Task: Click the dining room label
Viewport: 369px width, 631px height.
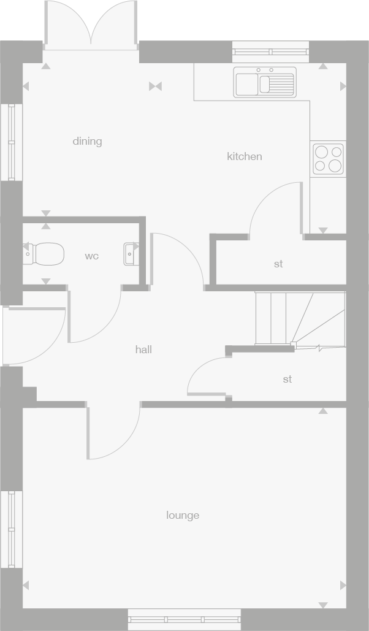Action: [87, 141]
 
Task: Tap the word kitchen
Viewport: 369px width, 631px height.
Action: [245, 156]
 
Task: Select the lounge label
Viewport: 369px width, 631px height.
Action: [183, 515]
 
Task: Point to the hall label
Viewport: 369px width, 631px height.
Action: [143, 350]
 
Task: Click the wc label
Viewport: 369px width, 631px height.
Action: [91, 256]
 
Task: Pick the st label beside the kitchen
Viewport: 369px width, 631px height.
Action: [278, 264]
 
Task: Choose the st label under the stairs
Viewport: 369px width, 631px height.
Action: [287, 379]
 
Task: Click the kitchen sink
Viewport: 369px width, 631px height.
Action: [265, 82]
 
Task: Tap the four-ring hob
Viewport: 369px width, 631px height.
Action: [329, 158]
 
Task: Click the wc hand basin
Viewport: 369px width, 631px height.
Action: [131, 253]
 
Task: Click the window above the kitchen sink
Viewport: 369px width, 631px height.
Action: [270, 52]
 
